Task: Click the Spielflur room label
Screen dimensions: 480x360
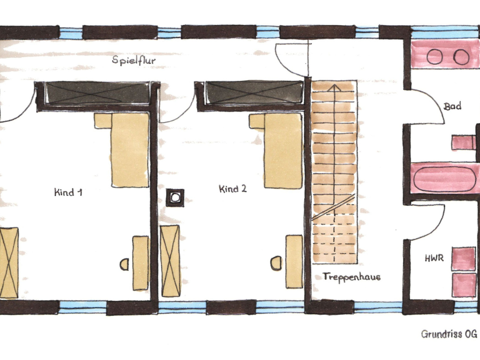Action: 134,60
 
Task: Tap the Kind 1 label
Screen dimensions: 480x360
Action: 68,192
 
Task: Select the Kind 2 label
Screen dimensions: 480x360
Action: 232,188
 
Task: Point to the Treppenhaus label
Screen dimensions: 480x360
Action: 352,277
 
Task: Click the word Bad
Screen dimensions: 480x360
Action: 452,106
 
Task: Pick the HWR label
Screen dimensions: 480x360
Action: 434,258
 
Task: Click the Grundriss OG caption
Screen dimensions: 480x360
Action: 449,334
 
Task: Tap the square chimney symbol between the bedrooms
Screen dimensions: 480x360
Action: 175,198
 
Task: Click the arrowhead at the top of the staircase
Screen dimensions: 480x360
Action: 335,88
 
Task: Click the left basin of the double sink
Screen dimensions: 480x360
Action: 435,57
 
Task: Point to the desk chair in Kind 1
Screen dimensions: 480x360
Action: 124,264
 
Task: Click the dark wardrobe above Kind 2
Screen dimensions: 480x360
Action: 255,92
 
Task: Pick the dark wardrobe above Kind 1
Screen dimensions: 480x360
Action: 97,93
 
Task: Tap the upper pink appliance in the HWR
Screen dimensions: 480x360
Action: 464,259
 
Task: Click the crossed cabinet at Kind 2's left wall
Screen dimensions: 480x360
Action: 171,261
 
